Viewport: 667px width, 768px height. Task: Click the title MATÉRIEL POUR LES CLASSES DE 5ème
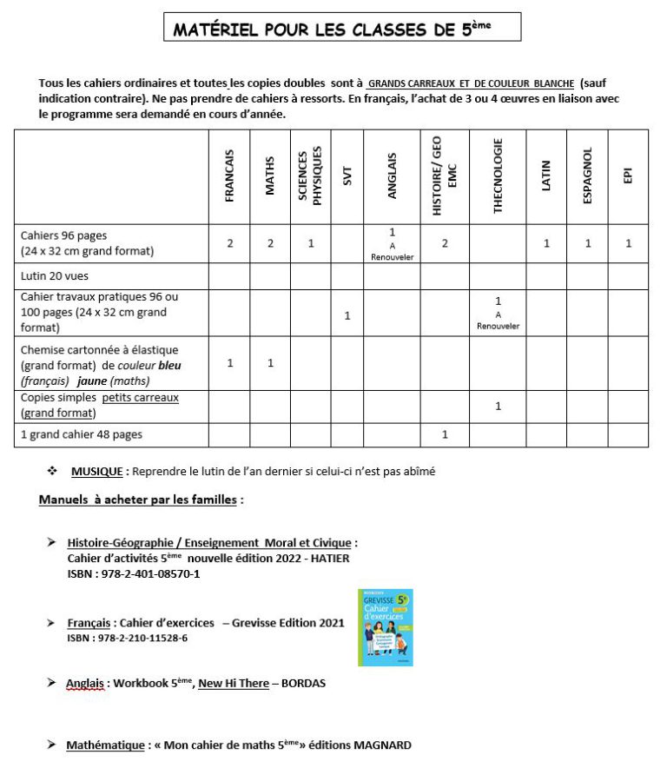pyautogui.click(x=341, y=29)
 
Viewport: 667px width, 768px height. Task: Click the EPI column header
pyautogui.click(x=628, y=176)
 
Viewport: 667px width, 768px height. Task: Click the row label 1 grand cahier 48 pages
pyautogui.click(x=82, y=434)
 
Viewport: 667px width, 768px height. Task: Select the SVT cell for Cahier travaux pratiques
pyautogui.click(x=347, y=314)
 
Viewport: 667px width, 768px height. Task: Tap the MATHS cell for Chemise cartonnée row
pyautogui.click(x=270, y=362)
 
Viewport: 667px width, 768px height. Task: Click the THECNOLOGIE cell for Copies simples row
pyautogui.click(x=498, y=406)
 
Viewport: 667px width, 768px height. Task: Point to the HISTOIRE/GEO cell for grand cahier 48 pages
pyautogui.click(x=445, y=434)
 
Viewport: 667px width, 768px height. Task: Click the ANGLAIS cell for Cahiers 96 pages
pyautogui.click(x=393, y=243)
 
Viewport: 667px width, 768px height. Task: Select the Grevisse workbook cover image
pyautogui.click(x=385, y=627)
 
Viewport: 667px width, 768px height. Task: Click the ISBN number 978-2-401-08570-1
pyautogui.click(x=150, y=574)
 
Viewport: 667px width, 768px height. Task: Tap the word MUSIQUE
pyautogui.click(x=97, y=470)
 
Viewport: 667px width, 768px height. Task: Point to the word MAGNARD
pyautogui.click(x=381, y=745)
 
